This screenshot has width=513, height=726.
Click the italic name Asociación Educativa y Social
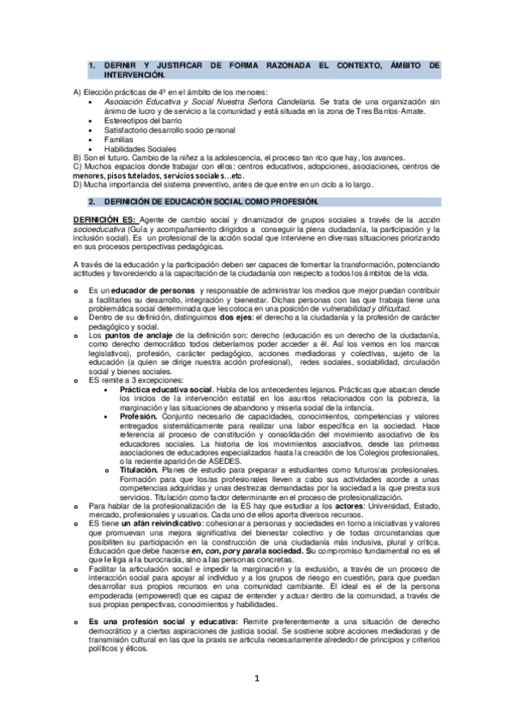point(160,101)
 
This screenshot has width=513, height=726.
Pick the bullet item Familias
point(120,139)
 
